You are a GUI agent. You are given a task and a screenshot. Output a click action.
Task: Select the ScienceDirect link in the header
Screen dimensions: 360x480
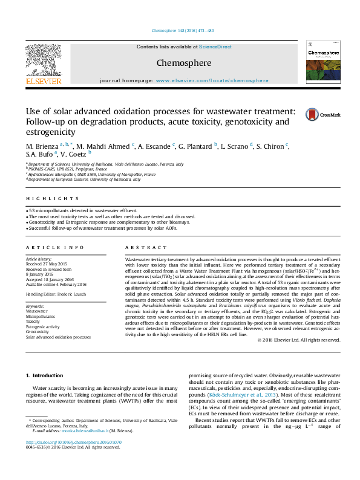pos(215,47)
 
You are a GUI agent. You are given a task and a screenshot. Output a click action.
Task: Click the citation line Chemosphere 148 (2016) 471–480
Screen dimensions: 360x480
pos(180,31)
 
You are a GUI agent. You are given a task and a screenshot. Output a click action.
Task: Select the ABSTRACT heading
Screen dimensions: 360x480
pos(144,248)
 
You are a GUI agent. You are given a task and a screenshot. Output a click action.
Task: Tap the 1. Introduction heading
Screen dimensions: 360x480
pos(47,375)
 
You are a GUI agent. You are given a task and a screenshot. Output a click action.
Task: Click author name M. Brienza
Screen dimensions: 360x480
pos(42,147)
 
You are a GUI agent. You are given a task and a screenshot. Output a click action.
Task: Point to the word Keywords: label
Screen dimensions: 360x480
pos(36,306)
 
